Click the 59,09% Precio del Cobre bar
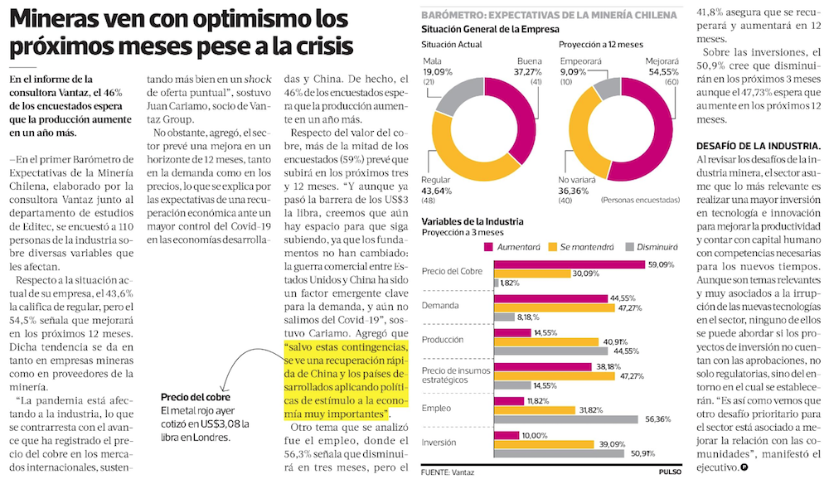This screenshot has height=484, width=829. click(570, 264)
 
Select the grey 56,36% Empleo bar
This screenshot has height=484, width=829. click(565, 419)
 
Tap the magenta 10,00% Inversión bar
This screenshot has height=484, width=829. click(507, 435)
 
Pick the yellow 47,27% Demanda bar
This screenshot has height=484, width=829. click(554, 307)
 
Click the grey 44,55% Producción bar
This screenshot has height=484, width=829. click(551, 351)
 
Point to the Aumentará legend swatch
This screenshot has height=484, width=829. click(488, 247)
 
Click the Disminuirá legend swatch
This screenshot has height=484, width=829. click(629, 247)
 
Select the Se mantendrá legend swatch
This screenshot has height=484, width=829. click(552, 247)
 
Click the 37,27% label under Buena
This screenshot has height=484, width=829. click(527, 72)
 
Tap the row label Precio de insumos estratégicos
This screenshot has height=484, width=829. click(456, 375)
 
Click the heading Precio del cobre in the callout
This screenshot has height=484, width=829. click(196, 397)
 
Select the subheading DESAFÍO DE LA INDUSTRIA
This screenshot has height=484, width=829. click(759, 146)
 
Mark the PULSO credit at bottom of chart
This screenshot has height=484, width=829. click(670, 472)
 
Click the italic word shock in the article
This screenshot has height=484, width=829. click(258, 80)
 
